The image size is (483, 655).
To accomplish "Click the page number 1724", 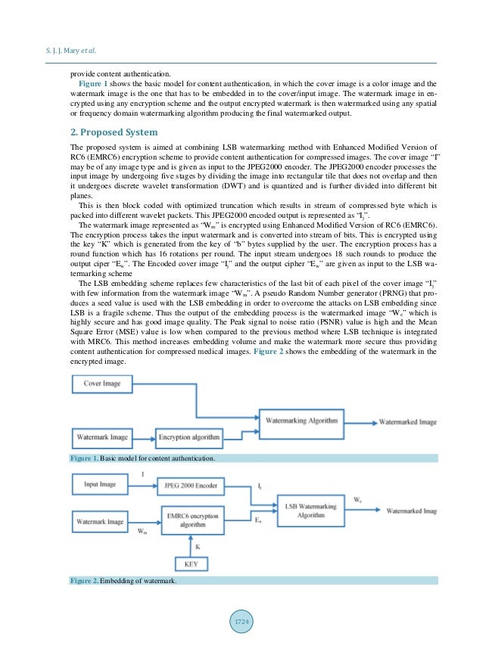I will coord(241,621).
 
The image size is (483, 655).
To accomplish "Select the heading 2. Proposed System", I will coord(112,132).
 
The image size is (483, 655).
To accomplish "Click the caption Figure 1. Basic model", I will coord(143,458).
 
